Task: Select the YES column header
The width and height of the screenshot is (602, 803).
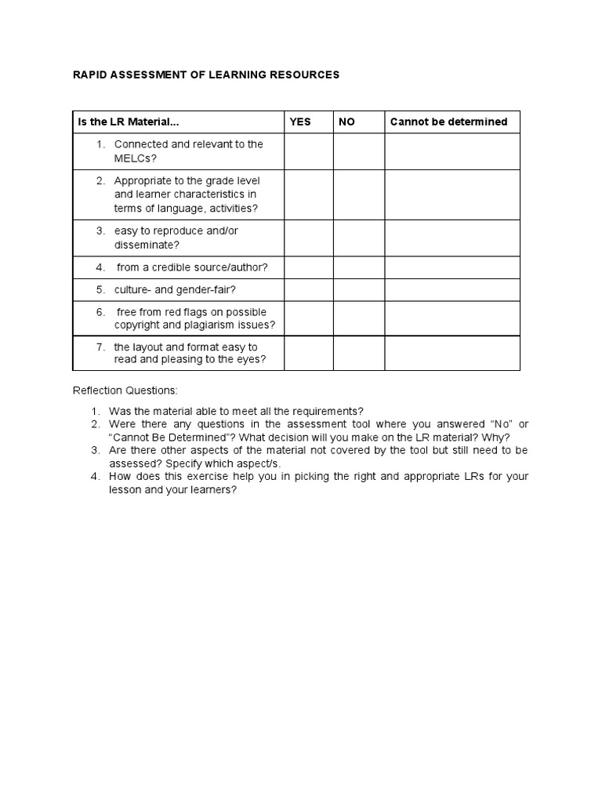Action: [300, 122]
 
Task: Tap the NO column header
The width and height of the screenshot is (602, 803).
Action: [346, 122]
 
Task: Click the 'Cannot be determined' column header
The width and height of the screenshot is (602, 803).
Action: [448, 122]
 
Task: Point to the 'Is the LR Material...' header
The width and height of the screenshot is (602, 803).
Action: [128, 122]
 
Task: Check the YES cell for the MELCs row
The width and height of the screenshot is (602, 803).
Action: [308, 151]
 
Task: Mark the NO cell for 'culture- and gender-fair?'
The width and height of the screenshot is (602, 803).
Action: [358, 289]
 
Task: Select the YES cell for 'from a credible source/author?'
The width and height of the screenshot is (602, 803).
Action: [308, 267]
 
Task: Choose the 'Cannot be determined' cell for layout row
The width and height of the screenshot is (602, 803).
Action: [451, 353]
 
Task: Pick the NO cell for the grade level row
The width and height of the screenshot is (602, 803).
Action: [358, 194]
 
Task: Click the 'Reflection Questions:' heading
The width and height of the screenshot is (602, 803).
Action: [125, 391]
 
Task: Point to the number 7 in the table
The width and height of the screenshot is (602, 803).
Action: [100, 347]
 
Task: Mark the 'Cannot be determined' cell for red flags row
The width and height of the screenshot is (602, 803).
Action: [451, 318]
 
